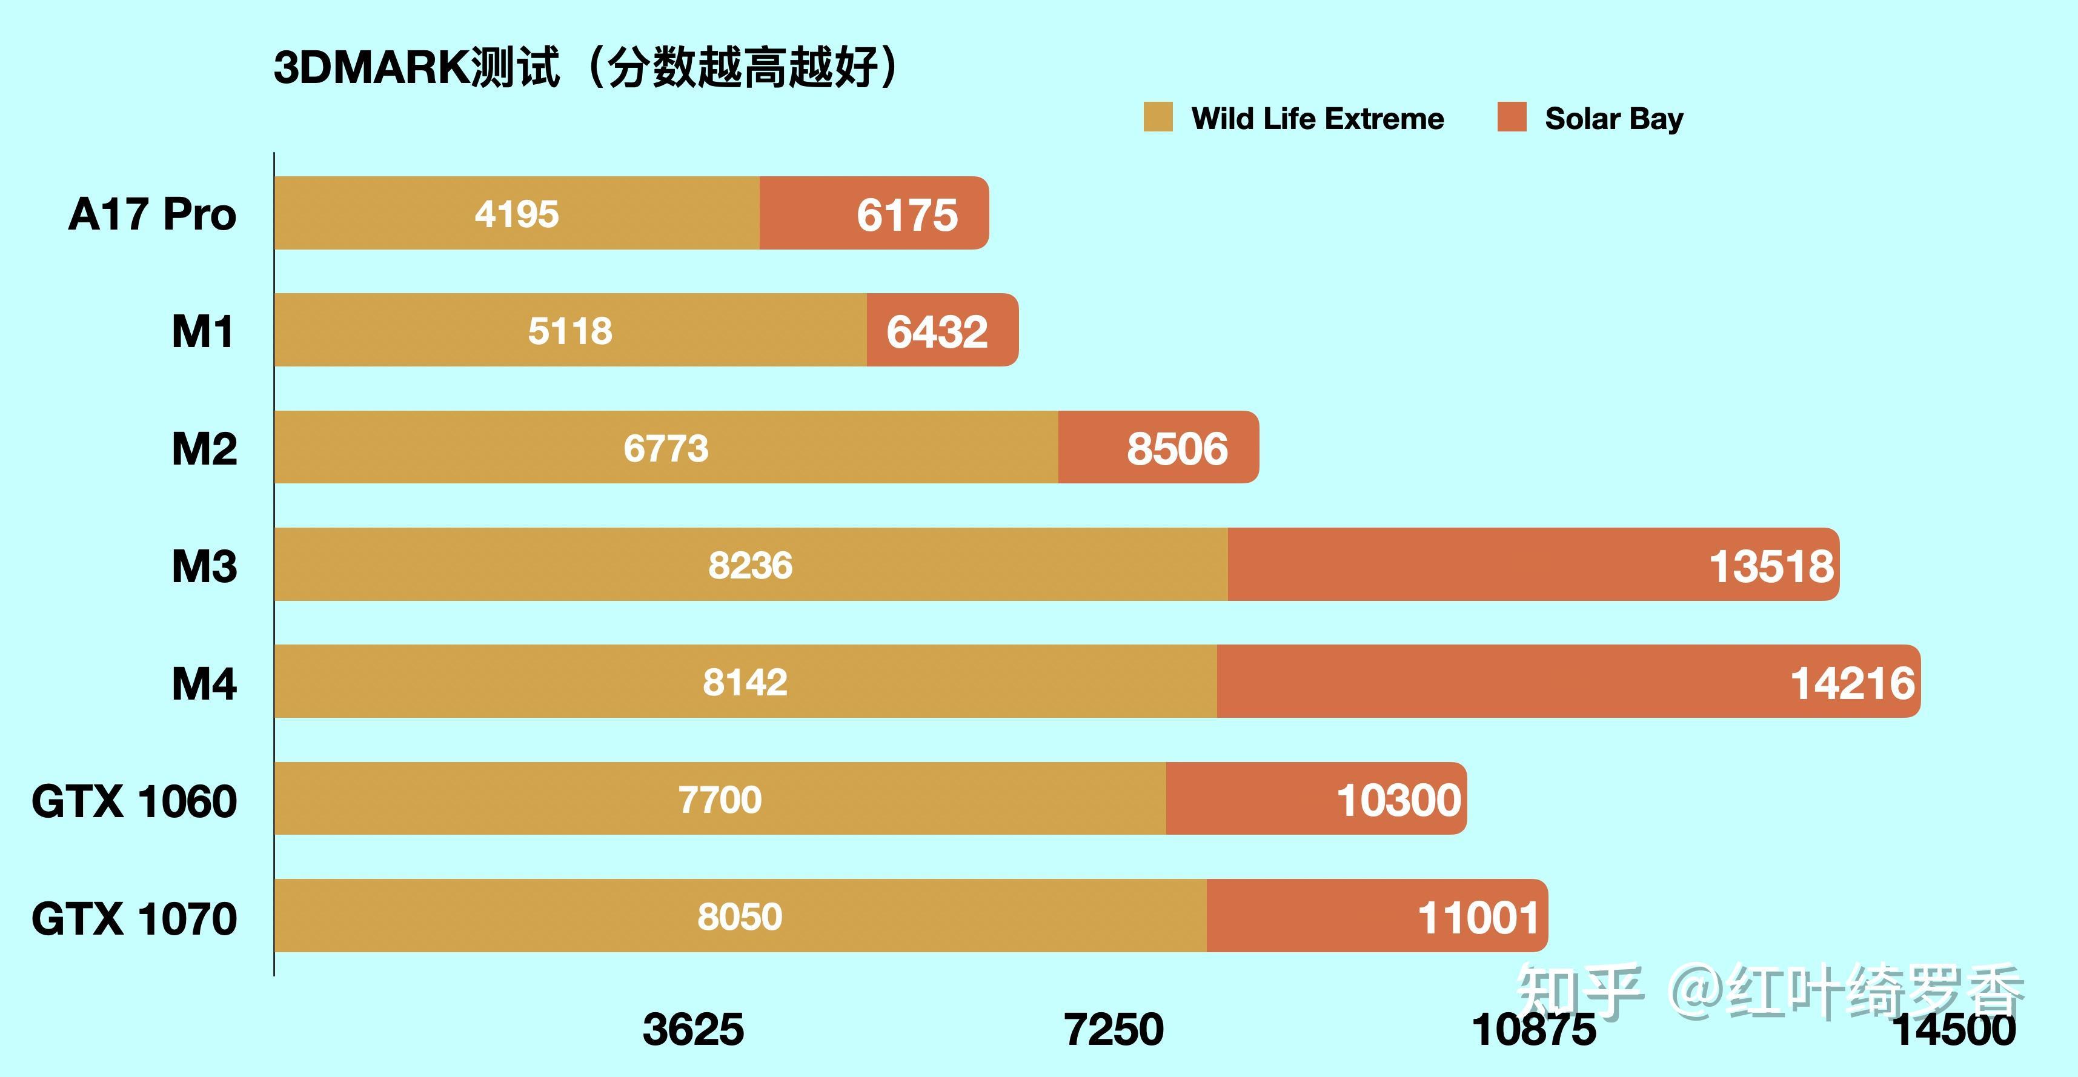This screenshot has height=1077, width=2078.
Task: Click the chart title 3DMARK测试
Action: point(416,67)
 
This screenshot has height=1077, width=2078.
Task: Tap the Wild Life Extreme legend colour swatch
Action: point(1158,117)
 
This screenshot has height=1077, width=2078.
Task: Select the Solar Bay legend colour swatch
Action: point(1512,117)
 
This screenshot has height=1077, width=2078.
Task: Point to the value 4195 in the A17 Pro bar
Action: point(516,214)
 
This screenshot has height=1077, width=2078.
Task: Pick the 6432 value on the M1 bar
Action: point(937,331)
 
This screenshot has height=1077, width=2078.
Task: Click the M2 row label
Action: point(204,449)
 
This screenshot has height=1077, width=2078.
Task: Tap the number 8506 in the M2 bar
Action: point(1177,449)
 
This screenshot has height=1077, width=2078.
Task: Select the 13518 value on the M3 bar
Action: point(1771,566)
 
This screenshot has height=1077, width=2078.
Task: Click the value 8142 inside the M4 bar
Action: point(745,683)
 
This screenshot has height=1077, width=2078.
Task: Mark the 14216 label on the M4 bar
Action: point(1852,683)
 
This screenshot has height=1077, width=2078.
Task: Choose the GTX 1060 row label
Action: point(134,801)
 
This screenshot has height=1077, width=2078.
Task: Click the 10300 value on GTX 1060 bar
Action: point(1398,800)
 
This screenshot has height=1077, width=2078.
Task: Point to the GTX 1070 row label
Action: point(134,918)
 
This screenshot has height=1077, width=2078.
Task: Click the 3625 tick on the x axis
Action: point(693,1029)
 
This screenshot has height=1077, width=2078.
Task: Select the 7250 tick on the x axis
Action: point(1114,1029)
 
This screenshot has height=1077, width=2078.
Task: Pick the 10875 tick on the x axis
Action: point(1533,1029)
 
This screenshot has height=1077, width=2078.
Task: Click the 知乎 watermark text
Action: point(1579,990)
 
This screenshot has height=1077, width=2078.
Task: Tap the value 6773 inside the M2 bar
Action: point(666,449)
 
